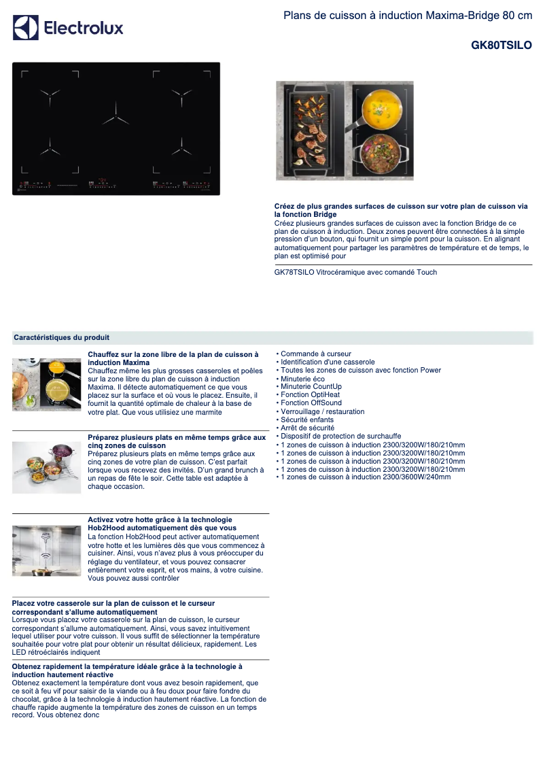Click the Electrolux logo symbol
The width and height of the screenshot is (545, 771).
(x=26, y=28)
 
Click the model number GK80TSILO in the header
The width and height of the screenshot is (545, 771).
(x=502, y=46)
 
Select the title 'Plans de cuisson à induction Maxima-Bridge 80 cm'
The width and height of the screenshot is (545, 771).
(x=408, y=15)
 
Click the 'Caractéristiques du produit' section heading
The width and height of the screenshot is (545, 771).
(x=61, y=337)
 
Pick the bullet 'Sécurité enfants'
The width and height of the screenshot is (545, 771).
(x=306, y=420)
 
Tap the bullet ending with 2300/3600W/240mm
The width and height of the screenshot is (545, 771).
(x=365, y=477)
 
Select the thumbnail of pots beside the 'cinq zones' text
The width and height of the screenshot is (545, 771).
(x=46, y=466)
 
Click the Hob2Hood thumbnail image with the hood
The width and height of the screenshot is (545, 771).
(x=46, y=551)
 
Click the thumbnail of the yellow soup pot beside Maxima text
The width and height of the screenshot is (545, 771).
(x=46, y=384)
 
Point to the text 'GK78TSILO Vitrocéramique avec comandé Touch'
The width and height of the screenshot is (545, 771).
(x=355, y=272)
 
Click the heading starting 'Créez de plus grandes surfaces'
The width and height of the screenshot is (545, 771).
(x=400, y=210)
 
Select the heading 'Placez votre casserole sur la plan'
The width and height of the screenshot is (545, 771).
(x=113, y=608)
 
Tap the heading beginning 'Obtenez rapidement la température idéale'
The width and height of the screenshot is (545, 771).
(x=127, y=670)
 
